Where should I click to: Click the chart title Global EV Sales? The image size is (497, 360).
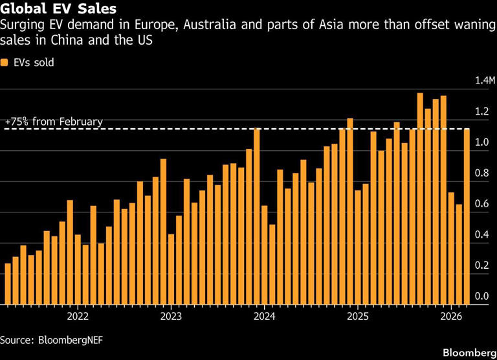pyautogui.click(x=58, y=10)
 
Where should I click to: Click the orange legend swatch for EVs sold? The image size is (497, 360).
pyautogui.click(x=5, y=63)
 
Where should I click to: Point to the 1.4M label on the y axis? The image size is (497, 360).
pyautogui.click(x=484, y=81)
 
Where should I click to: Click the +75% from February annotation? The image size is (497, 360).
pyautogui.click(x=54, y=122)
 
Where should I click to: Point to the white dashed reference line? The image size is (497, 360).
pyautogui.click(x=194, y=129)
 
